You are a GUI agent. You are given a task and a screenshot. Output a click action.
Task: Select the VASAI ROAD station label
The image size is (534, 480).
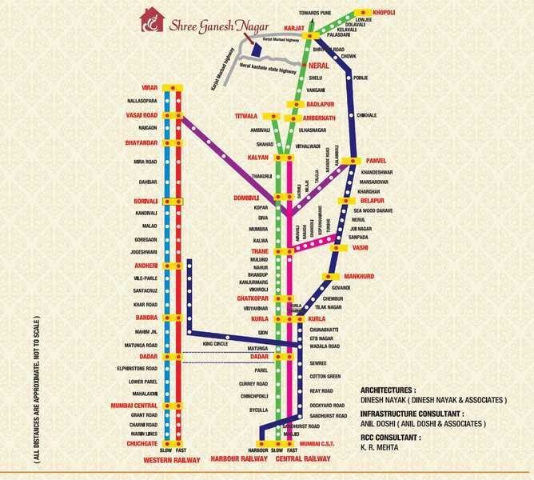[131, 115]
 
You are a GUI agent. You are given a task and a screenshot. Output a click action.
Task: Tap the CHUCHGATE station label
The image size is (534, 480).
[130, 442]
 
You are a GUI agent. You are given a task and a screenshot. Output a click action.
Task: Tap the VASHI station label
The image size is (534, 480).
[358, 248]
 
